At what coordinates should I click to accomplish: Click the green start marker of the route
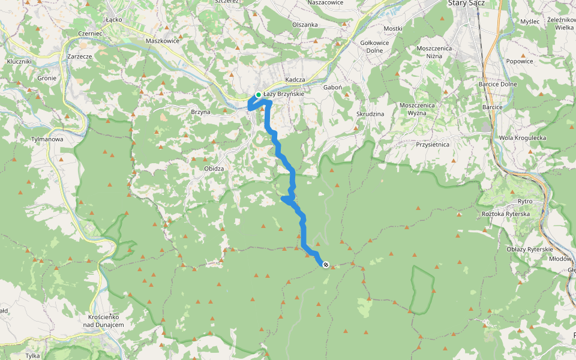click(259, 95)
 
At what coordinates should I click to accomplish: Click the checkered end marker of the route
click(326, 265)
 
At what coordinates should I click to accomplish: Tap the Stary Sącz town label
click(466, 4)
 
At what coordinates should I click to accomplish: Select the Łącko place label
click(113, 19)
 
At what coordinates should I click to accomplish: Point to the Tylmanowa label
click(47, 139)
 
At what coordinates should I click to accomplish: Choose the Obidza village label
click(214, 169)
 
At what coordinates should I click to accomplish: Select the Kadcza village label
click(296, 80)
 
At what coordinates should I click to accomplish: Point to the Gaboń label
click(332, 87)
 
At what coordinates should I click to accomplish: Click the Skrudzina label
click(370, 113)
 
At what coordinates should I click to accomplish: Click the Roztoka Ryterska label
click(506, 214)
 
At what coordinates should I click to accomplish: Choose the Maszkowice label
click(162, 41)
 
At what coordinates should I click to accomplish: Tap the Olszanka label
click(305, 25)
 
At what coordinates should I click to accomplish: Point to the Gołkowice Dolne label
click(374, 46)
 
